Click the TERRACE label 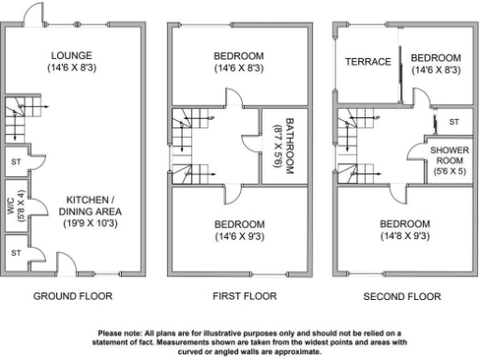coord(368,62)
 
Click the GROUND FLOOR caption coord(72,296)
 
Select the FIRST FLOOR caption coord(239,296)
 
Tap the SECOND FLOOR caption coord(401,296)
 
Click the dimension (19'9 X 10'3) coord(86,224)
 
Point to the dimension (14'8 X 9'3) coord(405,237)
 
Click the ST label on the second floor coord(454,123)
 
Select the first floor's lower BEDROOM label coord(238,225)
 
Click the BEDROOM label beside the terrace coord(437,57)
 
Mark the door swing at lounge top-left coord(33,14)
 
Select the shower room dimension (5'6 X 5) coord(449,172)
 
